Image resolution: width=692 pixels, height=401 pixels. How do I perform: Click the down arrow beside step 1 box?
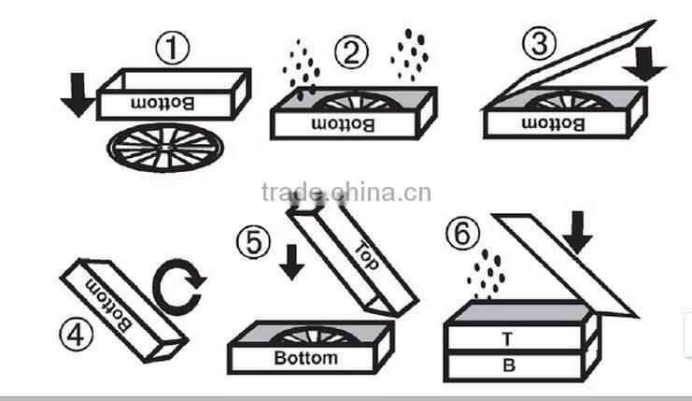point(77,97)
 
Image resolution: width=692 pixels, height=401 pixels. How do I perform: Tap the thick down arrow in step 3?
point(643,61)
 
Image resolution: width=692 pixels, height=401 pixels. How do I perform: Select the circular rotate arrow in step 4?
point(179,287)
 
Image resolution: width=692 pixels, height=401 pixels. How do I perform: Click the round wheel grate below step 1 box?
point(165,148)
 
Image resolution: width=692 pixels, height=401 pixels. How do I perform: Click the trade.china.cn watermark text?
point(346,193)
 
